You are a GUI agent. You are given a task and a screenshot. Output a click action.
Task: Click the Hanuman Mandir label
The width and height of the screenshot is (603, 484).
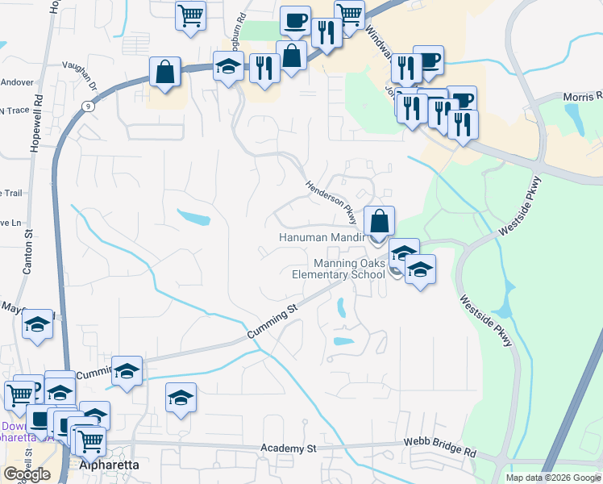[322, 238]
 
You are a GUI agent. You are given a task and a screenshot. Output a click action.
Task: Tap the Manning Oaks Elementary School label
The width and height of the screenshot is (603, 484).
[338, 269]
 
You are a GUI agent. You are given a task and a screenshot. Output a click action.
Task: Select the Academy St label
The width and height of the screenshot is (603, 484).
[286, 448]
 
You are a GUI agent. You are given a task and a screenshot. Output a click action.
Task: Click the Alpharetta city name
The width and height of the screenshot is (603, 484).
[109, 465]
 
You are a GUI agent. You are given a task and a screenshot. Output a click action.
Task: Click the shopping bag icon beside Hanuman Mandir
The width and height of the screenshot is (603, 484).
[379, 220]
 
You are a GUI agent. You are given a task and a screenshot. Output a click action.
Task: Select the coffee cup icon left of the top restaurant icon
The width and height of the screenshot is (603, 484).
[294, 20]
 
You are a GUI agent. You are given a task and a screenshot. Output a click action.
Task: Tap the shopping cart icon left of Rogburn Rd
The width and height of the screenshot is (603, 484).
[191, 15]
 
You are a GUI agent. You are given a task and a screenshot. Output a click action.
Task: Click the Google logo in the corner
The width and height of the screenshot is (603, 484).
[27, 474]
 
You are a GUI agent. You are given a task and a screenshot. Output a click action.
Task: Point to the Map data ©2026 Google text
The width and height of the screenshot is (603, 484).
[552, 478]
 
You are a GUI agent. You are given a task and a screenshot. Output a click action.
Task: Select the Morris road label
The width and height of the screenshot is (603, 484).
[582, 96]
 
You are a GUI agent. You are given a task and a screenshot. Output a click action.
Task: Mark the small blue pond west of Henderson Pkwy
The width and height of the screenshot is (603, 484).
[193, 218]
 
